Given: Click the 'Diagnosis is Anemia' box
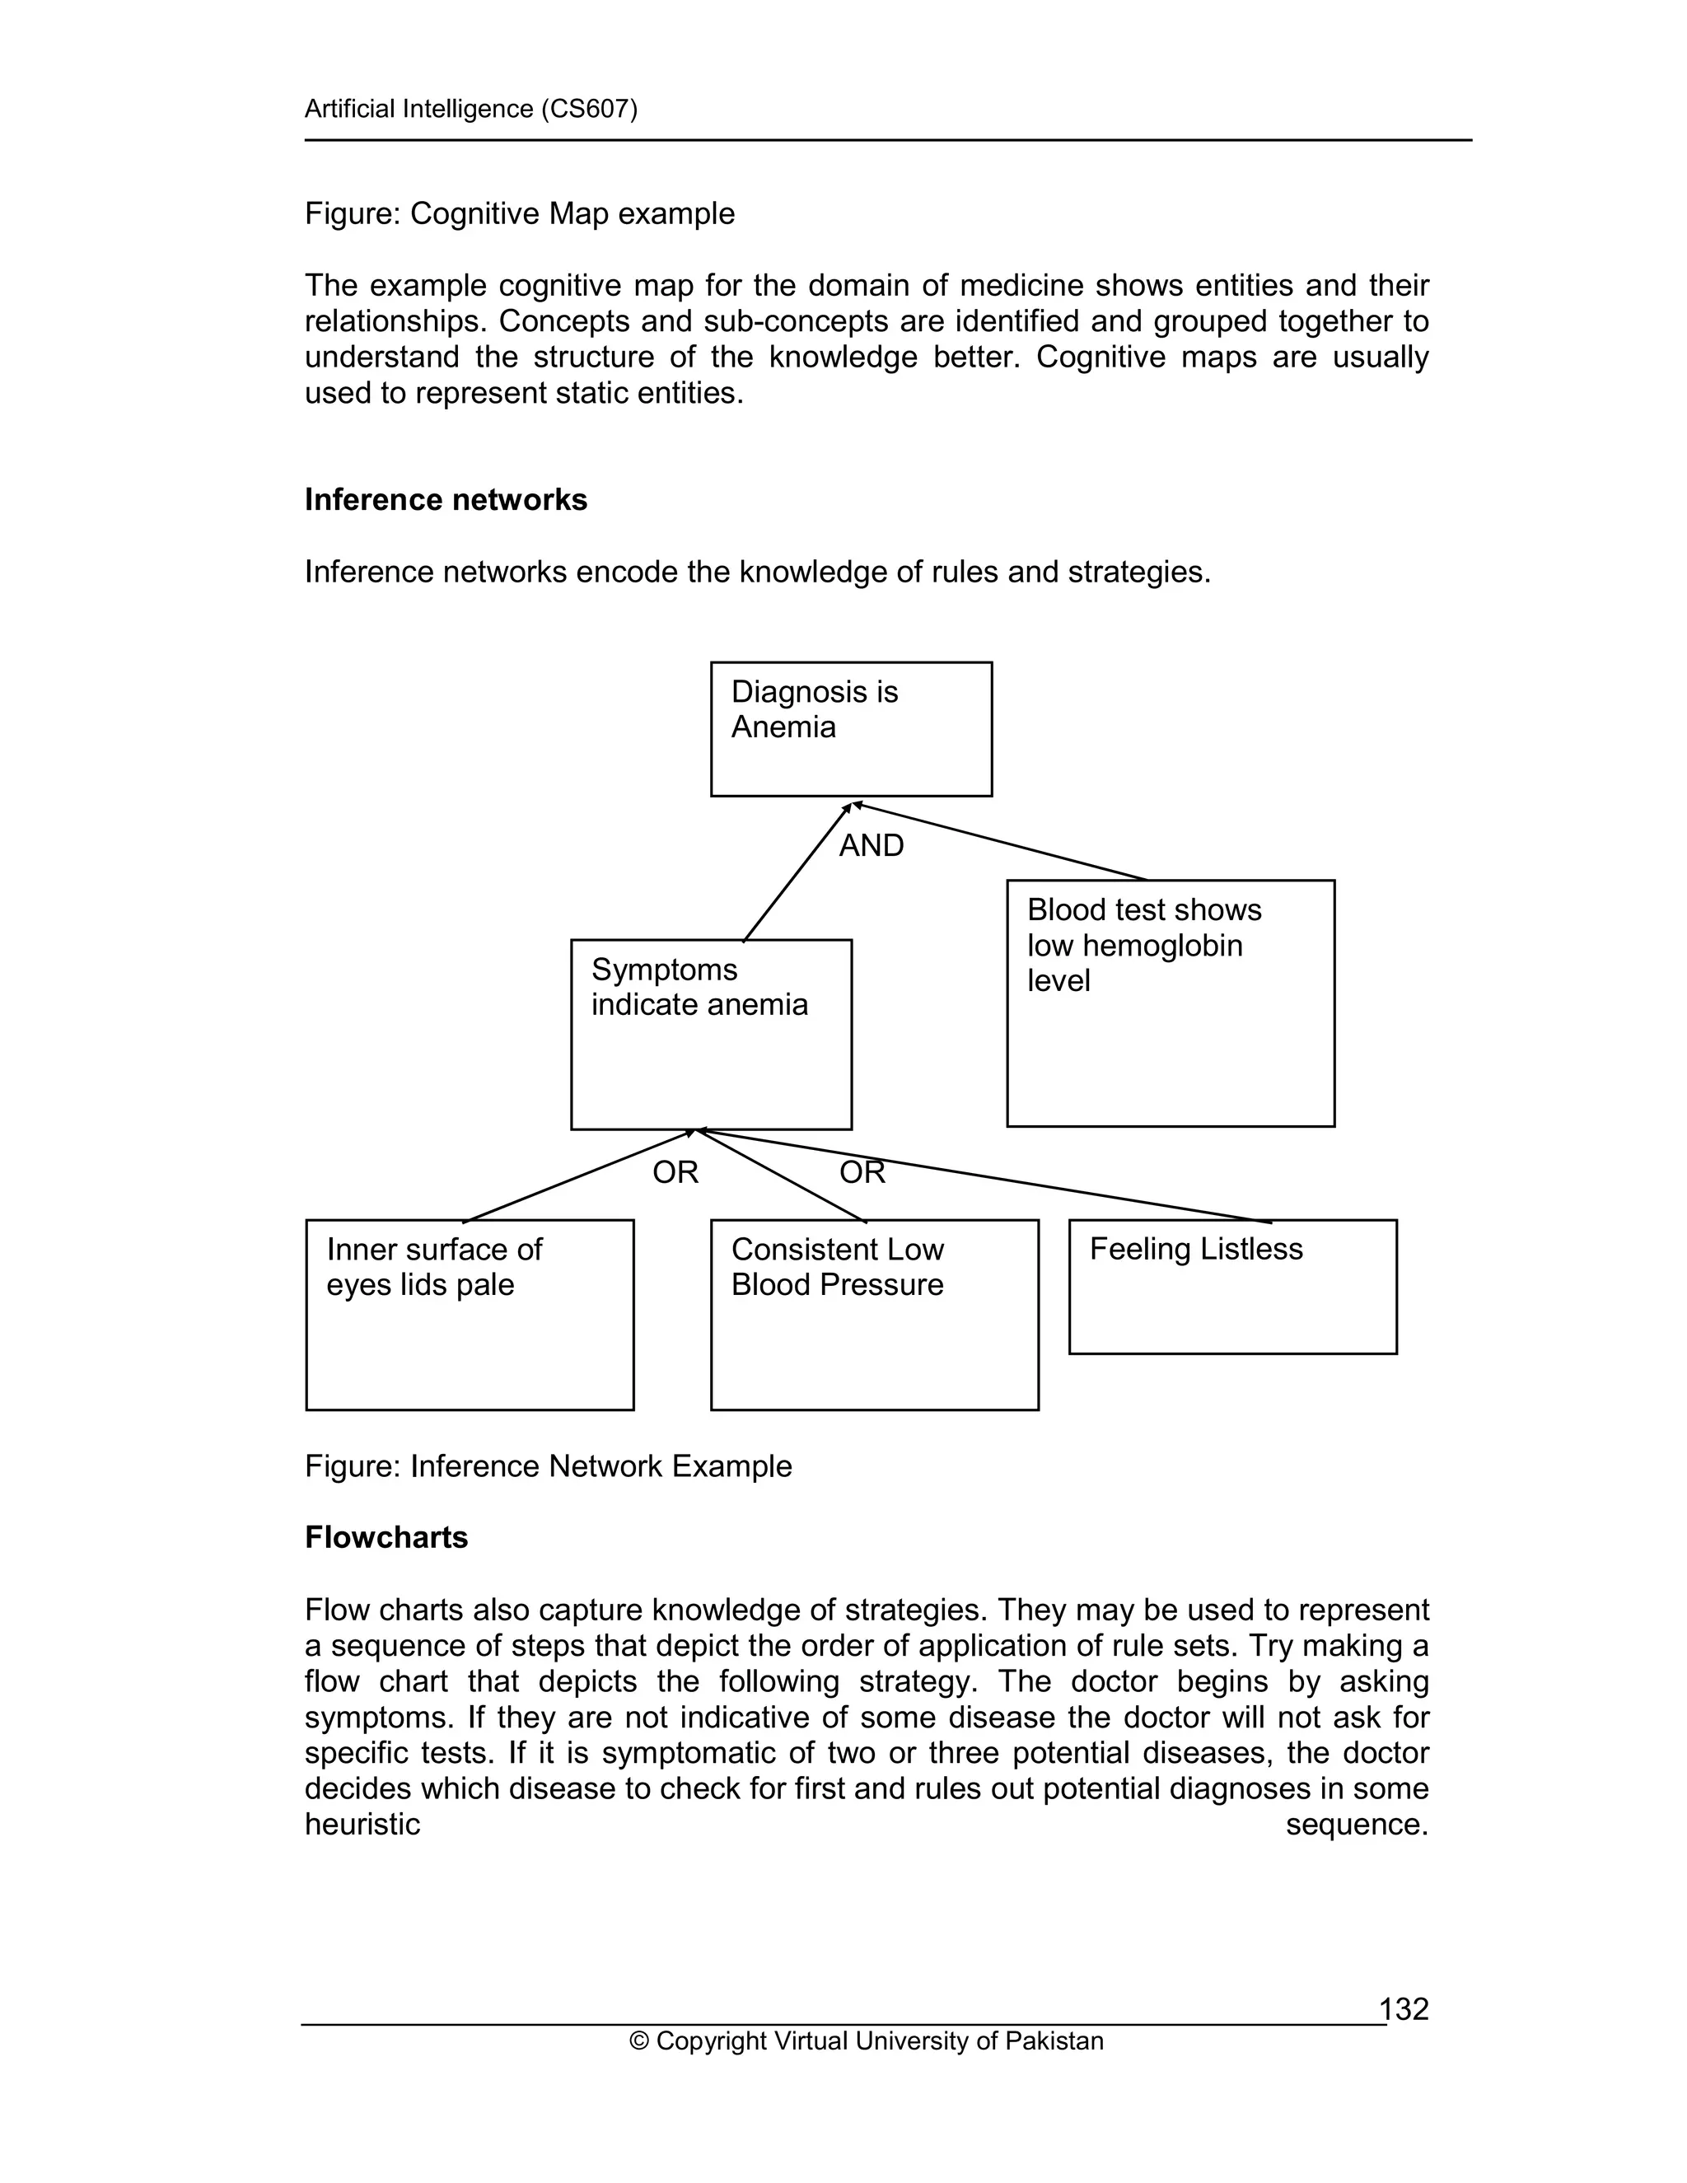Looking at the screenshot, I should point(850,729).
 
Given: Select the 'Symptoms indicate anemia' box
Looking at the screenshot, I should point(711,1034).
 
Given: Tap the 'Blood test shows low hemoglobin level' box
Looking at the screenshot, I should point(1171,1003).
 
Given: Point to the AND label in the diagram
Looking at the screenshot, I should point(872,846).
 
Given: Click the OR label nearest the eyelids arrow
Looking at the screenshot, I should point(675,1172).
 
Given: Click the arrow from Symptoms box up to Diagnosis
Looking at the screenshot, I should point(797,872).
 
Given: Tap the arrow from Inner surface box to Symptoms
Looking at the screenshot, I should point(580,1176).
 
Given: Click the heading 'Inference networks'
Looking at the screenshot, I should point(446,500).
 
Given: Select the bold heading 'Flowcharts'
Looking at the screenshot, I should point(386,1537).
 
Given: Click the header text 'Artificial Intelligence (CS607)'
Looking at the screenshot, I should point(470,109).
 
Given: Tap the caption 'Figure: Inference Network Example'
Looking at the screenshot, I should point(548,1466).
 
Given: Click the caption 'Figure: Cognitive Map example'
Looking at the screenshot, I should point(520,214).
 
